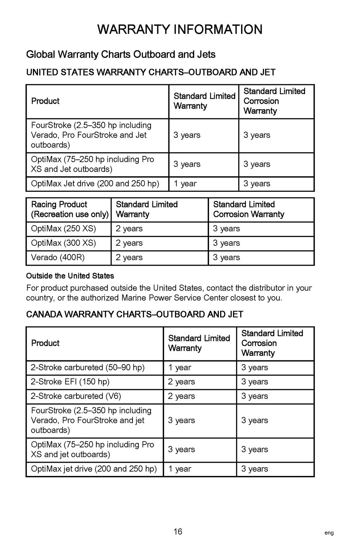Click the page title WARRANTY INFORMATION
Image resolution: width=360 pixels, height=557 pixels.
coord(180,29)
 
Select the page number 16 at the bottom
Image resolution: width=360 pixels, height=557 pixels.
coord(178,532)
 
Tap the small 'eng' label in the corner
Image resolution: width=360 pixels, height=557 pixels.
coord(329,533)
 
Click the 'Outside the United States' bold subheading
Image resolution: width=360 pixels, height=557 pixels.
coord(70,276)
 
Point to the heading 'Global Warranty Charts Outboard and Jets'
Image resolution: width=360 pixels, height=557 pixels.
coord(121,55)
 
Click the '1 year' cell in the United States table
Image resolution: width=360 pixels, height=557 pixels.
coord(185,184)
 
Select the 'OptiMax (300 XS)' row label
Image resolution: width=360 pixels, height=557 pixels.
coord(63,243)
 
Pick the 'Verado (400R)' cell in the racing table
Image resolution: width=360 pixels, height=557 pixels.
coord(58,258)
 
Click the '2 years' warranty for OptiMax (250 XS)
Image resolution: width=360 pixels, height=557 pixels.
coord(129,229)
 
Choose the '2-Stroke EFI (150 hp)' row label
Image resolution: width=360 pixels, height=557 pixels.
coord(70,382)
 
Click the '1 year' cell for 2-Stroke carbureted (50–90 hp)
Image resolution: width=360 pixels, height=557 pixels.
coord(180,368)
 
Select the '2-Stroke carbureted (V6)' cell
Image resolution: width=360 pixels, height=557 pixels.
coord(76,396)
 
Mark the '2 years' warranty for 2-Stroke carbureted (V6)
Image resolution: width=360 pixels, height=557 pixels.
coord(182,396)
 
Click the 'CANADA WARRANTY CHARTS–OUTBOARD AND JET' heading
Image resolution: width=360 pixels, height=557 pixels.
coord(135,314)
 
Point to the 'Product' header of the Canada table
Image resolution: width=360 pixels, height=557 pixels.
coord(45,343)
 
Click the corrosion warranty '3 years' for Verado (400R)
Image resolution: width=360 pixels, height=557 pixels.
coord(226,258)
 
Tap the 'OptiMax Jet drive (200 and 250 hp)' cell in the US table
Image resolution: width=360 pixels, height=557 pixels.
coord(95,184)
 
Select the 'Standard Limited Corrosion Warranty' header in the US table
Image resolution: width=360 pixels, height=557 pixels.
coord(274,101)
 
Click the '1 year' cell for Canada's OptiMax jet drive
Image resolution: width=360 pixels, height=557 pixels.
coord(180,469)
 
